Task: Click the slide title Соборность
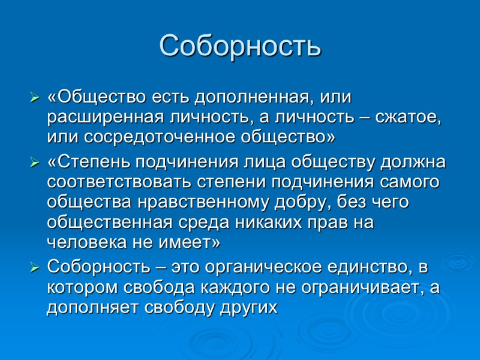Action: [x=240, y=46]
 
